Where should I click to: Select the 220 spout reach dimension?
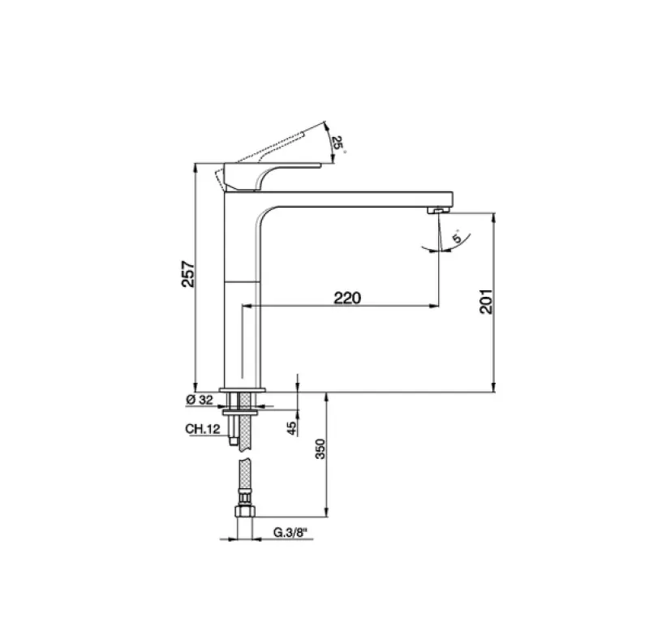coord(346,298)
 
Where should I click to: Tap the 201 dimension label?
coord(486,302)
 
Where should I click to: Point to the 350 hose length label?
coord(319,448)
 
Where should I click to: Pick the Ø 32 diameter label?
coord(198,400)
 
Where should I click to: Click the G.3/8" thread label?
coord(290,533)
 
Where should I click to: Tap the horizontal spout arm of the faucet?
coord(357,197)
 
